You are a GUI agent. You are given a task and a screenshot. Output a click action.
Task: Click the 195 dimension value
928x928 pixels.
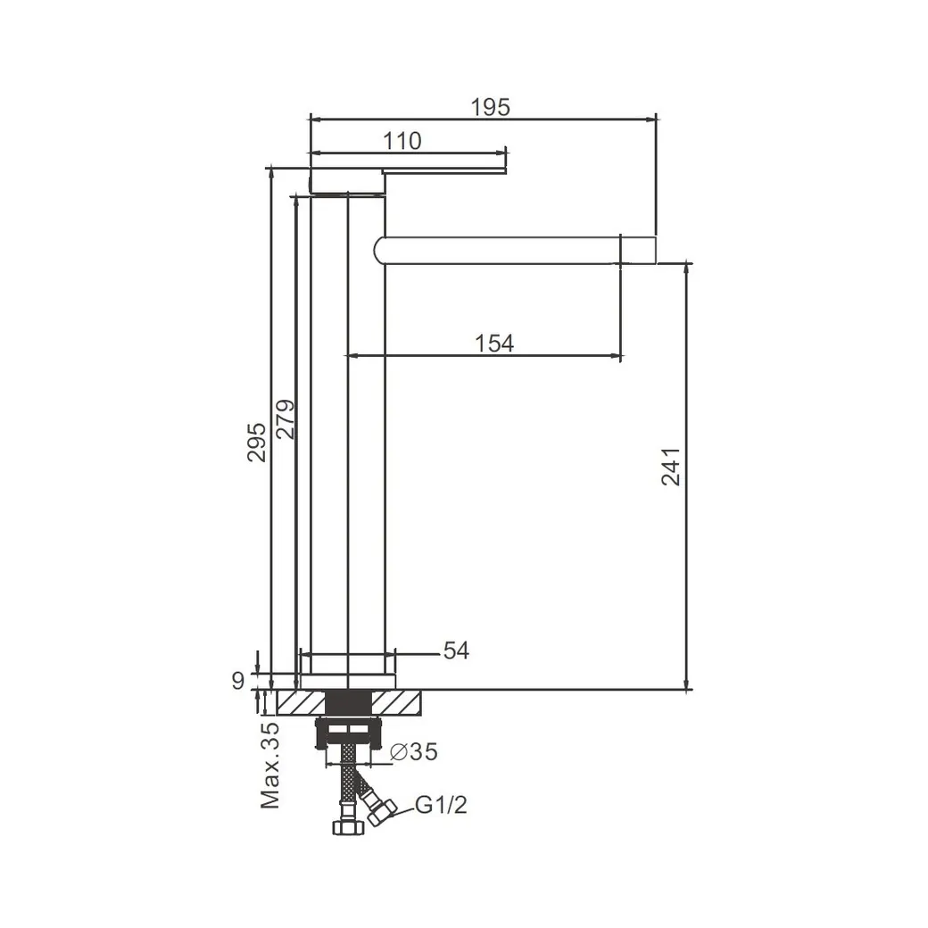(x=490, y=107)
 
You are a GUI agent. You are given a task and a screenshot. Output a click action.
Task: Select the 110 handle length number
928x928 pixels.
(x=402, y=141)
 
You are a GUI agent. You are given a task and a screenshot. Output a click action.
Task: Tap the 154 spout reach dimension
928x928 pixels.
(x=494, y=344)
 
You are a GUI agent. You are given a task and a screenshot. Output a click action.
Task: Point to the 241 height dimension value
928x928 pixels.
(x=670, y=467)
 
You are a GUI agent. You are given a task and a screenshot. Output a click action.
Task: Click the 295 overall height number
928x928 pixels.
(x=256, y=442)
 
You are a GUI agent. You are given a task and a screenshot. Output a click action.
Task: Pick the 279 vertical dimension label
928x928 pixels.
(x=285, y=419)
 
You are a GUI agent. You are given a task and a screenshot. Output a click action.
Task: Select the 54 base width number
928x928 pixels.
(x=456, y=650)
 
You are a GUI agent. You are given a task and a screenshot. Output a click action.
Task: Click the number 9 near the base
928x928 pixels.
(x=238, y=681)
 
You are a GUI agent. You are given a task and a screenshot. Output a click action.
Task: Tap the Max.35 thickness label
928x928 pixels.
(x=269, y=766)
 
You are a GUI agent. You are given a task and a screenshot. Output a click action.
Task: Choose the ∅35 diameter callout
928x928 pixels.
(x=414, y=751)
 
